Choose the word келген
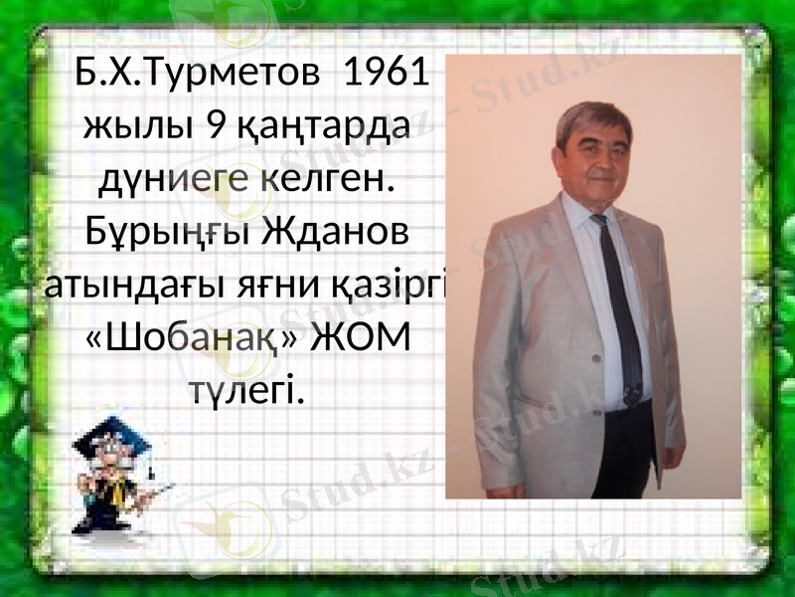[x=328, y=180]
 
